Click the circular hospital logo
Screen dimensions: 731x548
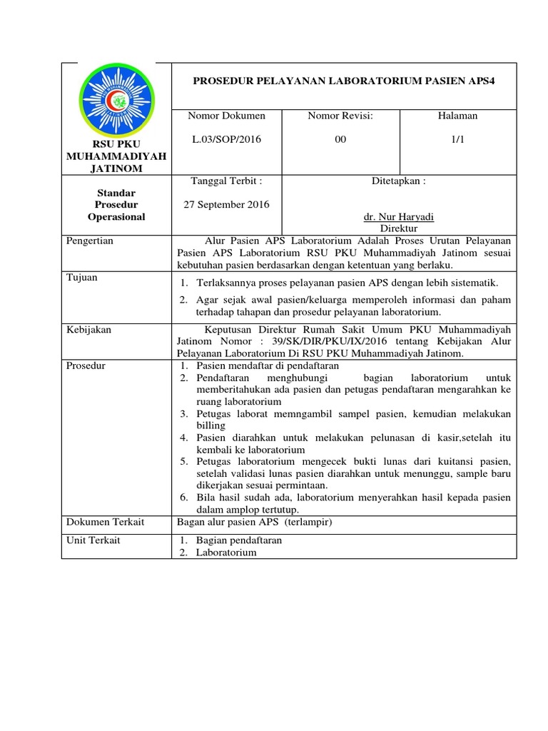116,101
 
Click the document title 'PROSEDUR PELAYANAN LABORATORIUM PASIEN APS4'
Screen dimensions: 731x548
344,81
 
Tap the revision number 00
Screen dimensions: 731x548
340,139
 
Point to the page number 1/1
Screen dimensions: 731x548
457,139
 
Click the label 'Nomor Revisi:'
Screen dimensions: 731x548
340,116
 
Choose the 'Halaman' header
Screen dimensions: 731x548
457,116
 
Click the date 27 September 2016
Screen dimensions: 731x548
227,204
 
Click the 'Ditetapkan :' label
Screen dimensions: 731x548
399,181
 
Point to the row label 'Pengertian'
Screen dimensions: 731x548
90,241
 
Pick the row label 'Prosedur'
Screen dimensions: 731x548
86,365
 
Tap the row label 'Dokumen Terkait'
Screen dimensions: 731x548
105,522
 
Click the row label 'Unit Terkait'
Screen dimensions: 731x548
93,540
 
